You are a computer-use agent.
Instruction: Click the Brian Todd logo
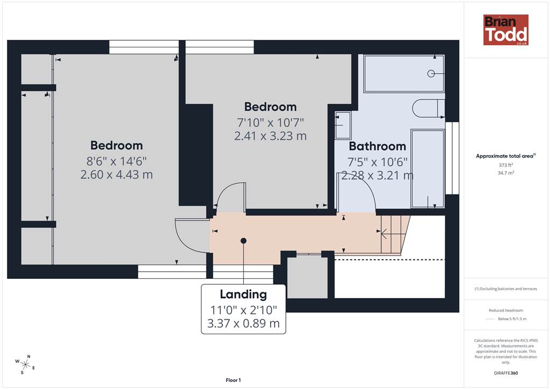(x=506, y=30)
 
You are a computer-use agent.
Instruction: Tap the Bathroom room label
(x=378, y=146)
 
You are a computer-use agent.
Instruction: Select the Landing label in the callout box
(x=243, y=294)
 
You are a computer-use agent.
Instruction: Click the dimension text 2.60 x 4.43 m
(x=117, y=174)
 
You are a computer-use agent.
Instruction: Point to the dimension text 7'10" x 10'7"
(x=270, y=123)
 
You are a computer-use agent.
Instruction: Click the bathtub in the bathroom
(x=404, y=73)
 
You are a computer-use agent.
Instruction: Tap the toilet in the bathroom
(x=429, y=109)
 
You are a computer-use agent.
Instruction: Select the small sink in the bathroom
(x=343, y=125)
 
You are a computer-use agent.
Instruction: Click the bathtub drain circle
(x=431, y=73)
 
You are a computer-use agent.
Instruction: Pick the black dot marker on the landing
(x=243, y=241)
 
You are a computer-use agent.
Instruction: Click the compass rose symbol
(x=25, y=364)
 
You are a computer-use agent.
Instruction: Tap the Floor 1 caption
(x=233, y=380)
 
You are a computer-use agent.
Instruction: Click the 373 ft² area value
(x=506, y=165)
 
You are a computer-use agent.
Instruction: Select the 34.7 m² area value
(x=506, y=173)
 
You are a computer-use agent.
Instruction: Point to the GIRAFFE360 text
(x=506, y=373)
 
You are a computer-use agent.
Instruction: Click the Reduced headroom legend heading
(x=506, y=311)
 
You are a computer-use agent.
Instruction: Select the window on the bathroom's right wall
(x=452, y=158)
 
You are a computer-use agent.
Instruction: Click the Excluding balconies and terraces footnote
(x=506, y=289)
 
